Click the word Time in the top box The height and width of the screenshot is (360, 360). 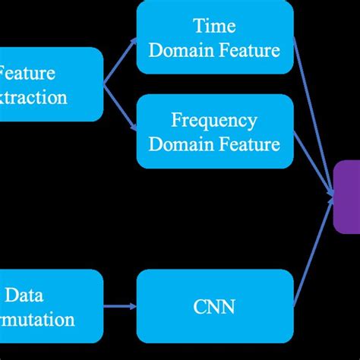[x=214, y=27]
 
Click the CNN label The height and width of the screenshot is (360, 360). [x=214, y=307]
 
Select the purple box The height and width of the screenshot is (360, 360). [x=346, y=197]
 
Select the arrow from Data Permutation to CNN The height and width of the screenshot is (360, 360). [x=119, y=307]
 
